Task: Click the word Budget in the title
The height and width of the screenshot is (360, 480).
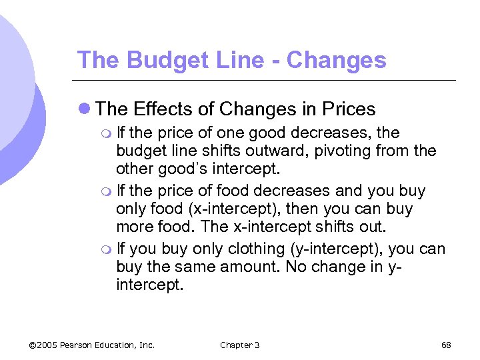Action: click(157, 60)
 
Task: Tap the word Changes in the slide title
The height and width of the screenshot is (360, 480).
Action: click(338, 60)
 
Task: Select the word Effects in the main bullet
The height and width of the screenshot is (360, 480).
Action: click(162, 109)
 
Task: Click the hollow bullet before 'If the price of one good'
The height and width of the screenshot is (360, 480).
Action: click(109, 133)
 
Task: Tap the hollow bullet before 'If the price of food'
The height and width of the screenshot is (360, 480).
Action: click(109, 192)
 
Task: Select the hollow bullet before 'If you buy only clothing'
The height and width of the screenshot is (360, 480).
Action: click(109, 250)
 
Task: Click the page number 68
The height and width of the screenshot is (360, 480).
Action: click(446, 345)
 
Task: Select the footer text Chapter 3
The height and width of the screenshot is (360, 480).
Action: click(240, 345)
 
